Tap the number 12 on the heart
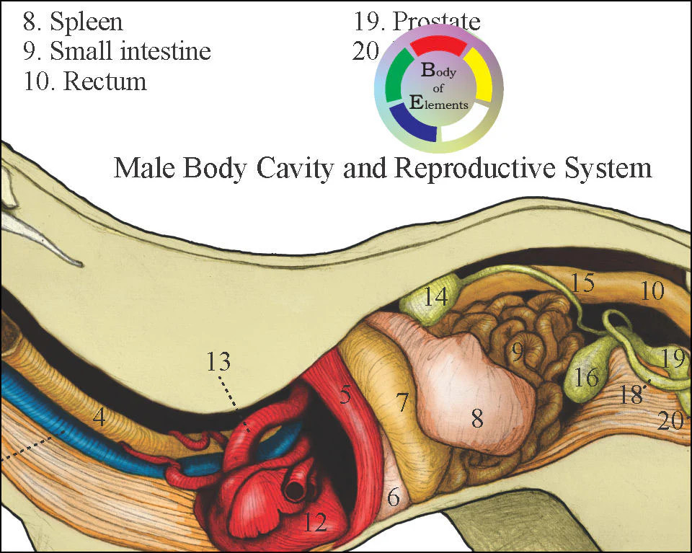[314, 521]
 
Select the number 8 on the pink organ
[476, 419]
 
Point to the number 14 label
[435, 296]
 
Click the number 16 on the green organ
[587, 377]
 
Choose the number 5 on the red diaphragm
[345, 394]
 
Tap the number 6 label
[393, 496]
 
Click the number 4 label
[99, 417]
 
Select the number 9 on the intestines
[517, 353]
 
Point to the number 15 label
[582, 283]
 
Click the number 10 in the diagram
[652, 291]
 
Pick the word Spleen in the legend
[86, 22]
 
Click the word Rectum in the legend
[105, 81]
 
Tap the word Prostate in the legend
[437, 22]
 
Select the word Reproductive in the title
[458, 169]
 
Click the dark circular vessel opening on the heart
[295, 491]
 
